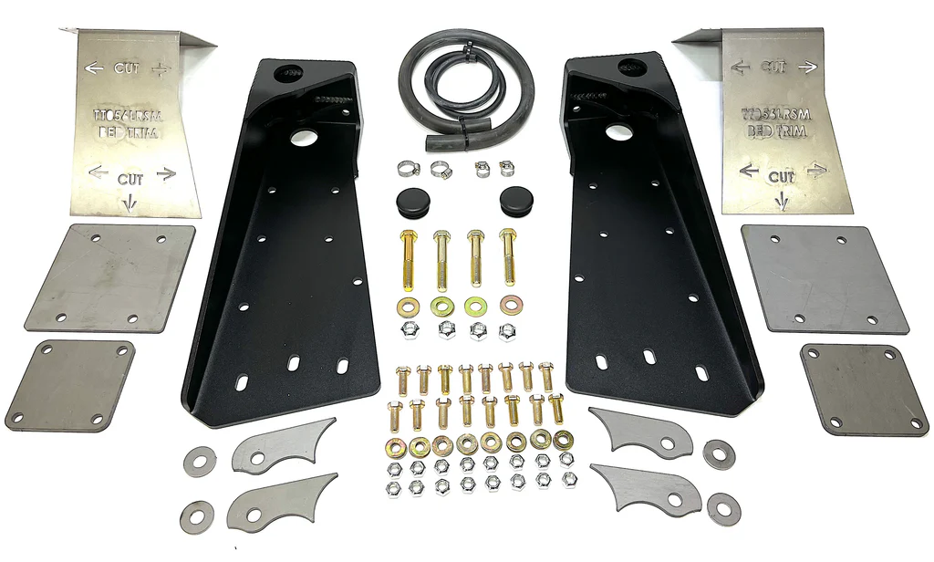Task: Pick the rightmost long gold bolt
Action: coord(508,256)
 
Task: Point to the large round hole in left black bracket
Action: coord(300,138)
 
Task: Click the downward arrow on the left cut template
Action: coord(130,203)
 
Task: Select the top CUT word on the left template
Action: coord(126,68)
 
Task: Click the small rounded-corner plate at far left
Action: coord(70,385)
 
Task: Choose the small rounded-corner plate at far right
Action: coord(851,389)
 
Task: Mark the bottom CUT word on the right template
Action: coord(781,176)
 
